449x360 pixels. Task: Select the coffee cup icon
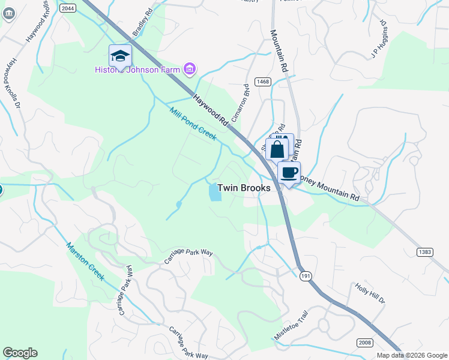(289, 173)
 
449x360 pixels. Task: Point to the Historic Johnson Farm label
(137, 70)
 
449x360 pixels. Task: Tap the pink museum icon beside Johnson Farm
(190, 70)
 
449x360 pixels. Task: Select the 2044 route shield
(67, 7)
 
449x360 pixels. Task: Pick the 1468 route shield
(262, 82)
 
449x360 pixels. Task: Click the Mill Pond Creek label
(193, 124)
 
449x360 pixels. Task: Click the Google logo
(20, 353)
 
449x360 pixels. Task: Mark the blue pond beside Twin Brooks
(214, 193)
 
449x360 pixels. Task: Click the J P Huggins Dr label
(379, 41)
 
